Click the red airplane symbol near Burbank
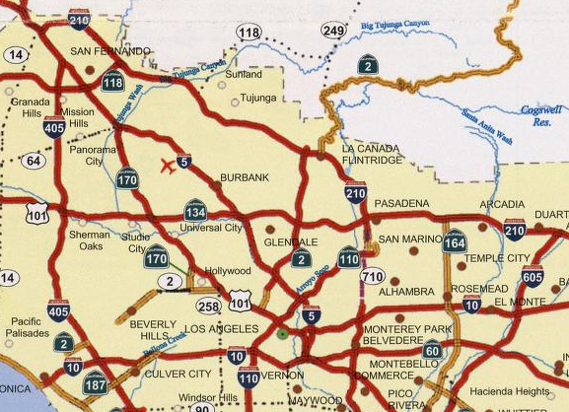(168, 166)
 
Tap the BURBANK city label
(245, 177)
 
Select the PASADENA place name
(401, 203)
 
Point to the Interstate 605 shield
(533, 276)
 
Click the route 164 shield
(455, 241)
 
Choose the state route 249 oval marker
(334, 31)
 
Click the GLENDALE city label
(291, 241)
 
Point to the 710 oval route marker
(372, 276)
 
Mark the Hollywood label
(228, 271)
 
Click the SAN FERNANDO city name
(110, 51)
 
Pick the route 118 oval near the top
(249, 33)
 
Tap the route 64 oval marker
(34, 161)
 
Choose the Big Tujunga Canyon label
(395, 24)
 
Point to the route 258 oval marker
(208, 307)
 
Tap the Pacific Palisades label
(27, 327)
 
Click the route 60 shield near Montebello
(432, 349)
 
